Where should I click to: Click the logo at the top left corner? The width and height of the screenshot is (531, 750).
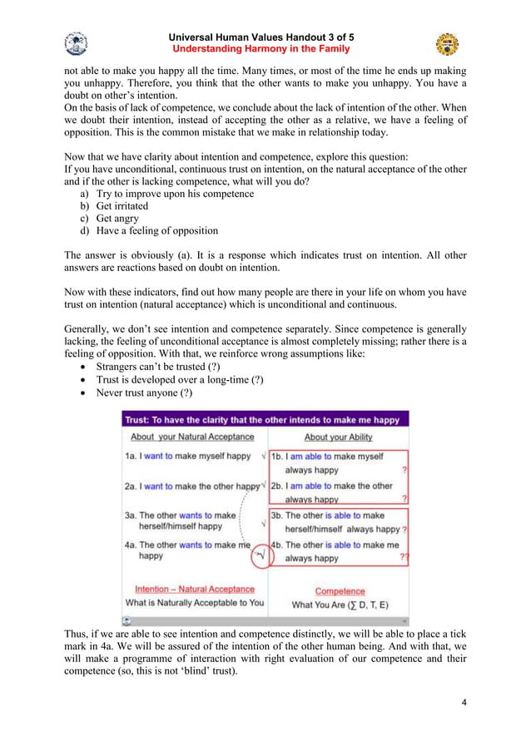(76, 43)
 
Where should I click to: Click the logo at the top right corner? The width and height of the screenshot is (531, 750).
(447, 43)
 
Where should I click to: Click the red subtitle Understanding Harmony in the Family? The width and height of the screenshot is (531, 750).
(261, 49)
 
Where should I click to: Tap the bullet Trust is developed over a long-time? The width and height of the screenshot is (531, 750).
(180, 379)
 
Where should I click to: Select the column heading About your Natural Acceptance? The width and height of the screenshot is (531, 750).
(192, 437)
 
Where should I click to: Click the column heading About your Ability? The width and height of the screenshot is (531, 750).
(338, 437)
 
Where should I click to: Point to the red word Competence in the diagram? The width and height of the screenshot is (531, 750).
(340, 590)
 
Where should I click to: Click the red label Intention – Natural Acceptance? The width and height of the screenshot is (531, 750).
(195, 590)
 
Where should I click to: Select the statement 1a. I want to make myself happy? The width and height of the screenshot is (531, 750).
(187, 456)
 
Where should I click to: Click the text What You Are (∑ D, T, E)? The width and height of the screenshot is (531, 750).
(340, 604)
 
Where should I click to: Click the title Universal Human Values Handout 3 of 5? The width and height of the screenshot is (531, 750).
(261, 37)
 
